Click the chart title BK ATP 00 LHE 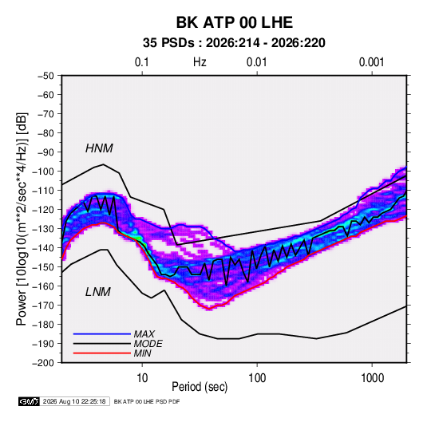235,22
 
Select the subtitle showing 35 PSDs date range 234,43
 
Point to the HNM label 99,148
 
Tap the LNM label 98,292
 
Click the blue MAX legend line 102,334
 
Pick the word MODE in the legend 148,344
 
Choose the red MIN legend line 102,353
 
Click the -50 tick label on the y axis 45,76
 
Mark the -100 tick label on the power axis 43,172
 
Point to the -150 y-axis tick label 43,267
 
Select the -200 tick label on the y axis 43,363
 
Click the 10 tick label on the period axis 142,378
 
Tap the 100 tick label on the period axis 257,378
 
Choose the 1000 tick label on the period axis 372,378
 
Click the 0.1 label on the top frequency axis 142,62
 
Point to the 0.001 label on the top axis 371,62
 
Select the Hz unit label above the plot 200,62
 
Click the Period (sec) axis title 200,387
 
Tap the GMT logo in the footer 30,401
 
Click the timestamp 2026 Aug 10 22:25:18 74,401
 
